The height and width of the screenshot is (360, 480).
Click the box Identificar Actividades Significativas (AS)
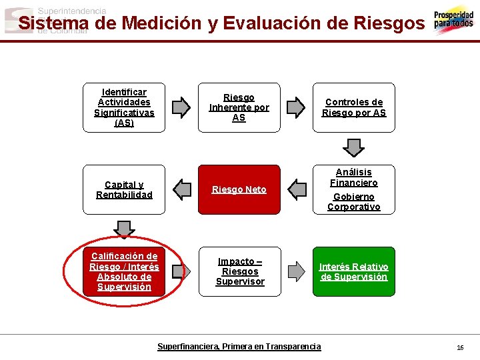[124, 107]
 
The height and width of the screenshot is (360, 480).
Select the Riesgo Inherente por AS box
[239, 107]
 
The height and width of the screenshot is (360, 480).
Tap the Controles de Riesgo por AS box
[354, 107]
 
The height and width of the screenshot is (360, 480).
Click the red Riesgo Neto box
[239, 189]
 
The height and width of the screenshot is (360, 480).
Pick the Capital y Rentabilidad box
[124, 189]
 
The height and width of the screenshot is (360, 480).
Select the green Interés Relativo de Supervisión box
[354, 271]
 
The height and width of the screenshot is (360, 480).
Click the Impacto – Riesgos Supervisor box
[240, 271]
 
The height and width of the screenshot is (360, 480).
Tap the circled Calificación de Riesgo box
[124, 271]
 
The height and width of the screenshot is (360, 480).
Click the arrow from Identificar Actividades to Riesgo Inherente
[181, 107]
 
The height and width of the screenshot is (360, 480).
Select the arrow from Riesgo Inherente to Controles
[295, 107]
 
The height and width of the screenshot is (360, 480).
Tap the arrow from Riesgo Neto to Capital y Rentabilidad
[181, 189]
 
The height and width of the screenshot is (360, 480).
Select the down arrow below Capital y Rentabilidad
[124, 229]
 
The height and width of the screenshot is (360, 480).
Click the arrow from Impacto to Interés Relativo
[295, 271]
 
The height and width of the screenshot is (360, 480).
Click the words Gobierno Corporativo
[354, 201]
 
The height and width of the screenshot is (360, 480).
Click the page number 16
[460, 347]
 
